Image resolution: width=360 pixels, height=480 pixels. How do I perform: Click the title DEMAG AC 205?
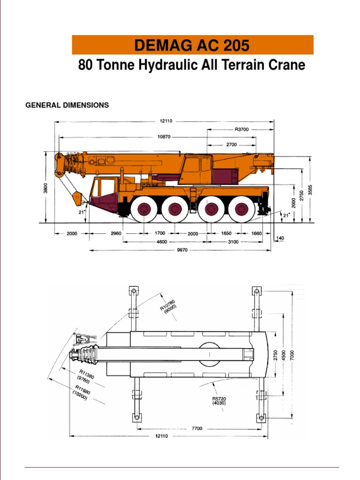click(x=192, y=45)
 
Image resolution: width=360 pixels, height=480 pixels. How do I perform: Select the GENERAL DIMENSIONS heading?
click(x=67, y=105)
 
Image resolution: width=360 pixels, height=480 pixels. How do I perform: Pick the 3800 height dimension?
click(x=46, y=187)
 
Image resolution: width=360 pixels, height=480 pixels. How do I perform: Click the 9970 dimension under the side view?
click(x=182, y=250)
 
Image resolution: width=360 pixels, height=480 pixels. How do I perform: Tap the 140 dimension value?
click(x=280, y=238)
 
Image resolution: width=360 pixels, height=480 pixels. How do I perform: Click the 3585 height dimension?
click(x=310, y=190)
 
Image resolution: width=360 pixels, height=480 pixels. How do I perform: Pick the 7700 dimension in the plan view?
click(x=197, y=428)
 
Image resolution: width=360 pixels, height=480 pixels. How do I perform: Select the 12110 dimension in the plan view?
click(x=163, y=436)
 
